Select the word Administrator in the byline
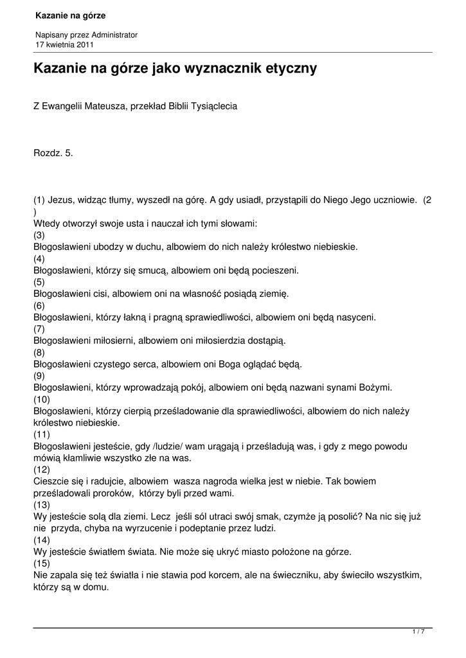[114, 35]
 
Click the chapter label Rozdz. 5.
[53, 154]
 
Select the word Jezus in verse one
[60, 200]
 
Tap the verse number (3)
[39, 235]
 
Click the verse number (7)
[39, 328]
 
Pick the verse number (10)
[41, 398]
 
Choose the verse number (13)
[41, 505]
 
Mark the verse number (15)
[41, 564]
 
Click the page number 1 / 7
[418, 632]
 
